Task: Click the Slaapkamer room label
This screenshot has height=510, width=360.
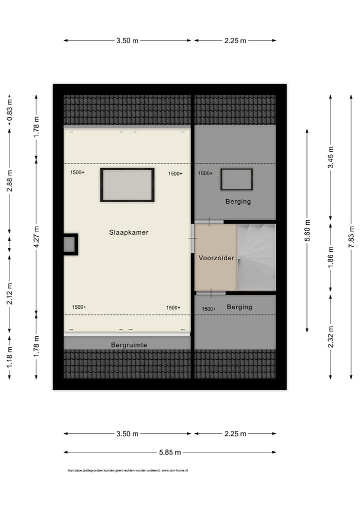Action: (x=129, y=232)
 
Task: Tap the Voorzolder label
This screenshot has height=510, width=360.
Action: (x=216, y=258)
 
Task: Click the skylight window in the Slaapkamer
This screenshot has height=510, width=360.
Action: (x=127, y=185)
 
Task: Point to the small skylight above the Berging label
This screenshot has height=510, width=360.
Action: (x=236, y=179)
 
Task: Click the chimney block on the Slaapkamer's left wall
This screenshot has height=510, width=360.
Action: (x=69, y=245)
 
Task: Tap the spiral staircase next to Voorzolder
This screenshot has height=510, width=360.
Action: (x=255, y=257)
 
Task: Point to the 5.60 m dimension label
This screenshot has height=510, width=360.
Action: (x=307, y=230)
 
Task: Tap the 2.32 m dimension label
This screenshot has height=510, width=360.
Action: (x=330, y=336)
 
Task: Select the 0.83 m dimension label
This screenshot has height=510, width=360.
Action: (x=9, y=111)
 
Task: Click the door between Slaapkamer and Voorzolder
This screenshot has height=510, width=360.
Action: (x=192, y=239)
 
